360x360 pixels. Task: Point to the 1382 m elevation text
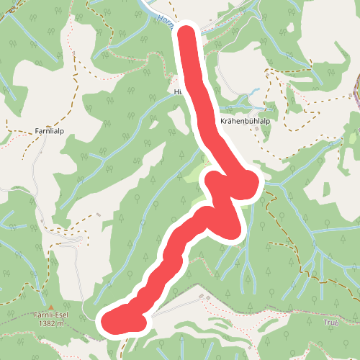50,323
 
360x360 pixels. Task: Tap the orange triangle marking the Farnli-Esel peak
50,307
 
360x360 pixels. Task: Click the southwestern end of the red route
108,322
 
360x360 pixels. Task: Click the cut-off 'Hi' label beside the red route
179,92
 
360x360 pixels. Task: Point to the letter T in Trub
325,323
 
